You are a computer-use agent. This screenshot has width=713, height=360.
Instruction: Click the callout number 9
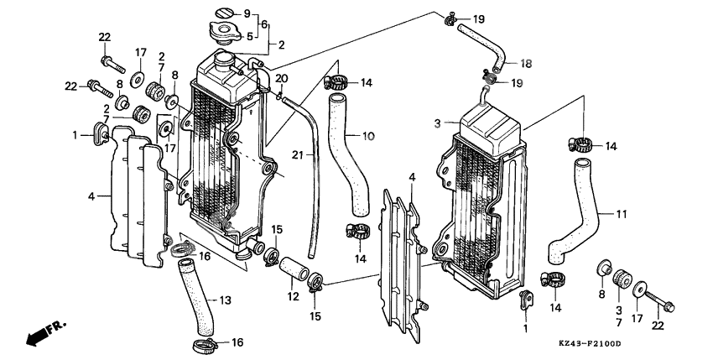[247, 14]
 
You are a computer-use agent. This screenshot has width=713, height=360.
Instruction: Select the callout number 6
[265, 25]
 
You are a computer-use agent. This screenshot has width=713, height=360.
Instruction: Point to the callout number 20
[282, 78]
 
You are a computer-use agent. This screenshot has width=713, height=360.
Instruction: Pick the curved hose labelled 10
[351, 159]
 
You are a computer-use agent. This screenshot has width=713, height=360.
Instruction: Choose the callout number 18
[527, 63]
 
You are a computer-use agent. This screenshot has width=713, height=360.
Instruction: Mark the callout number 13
[226, 300]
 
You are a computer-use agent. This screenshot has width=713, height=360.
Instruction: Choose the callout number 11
[621, 215]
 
